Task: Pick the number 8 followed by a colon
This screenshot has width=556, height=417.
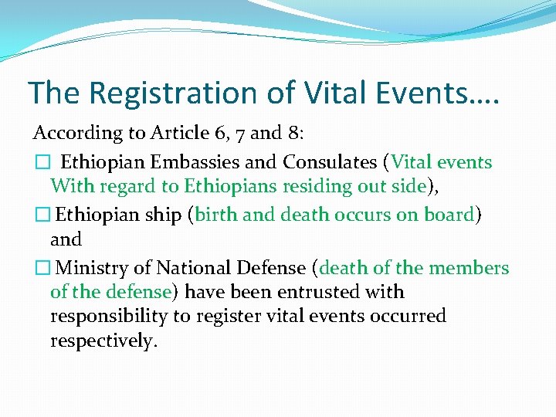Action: (x=295, y=134)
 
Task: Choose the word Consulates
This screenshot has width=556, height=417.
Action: (x=331, y=162)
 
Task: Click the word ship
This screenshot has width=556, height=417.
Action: (x=164, y=215)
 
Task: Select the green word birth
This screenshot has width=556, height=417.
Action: (x=216, y=215)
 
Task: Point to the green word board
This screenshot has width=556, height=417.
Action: (x=449, y=215)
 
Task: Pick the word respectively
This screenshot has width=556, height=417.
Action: (x=103, y=341)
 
